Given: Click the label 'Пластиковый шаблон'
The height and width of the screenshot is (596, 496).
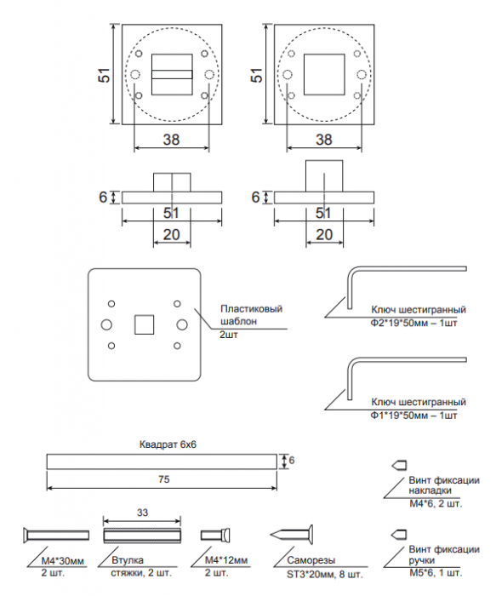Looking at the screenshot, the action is (x=252, y=315).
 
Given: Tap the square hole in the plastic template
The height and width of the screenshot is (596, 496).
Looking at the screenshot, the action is (x=145, y=324).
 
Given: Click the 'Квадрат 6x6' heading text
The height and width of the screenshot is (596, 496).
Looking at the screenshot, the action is (x=168, y=444).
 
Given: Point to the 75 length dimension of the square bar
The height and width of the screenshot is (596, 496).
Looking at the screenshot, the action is (x=163, y=479).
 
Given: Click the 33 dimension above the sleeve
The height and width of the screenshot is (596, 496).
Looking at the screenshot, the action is (x=142, y=513).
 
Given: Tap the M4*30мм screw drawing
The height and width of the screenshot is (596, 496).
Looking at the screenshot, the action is (x=56, y=536).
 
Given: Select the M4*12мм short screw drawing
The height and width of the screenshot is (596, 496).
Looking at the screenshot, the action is (x=215, y=536).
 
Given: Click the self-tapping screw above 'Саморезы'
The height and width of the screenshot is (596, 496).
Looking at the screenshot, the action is (x=292, y=535).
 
